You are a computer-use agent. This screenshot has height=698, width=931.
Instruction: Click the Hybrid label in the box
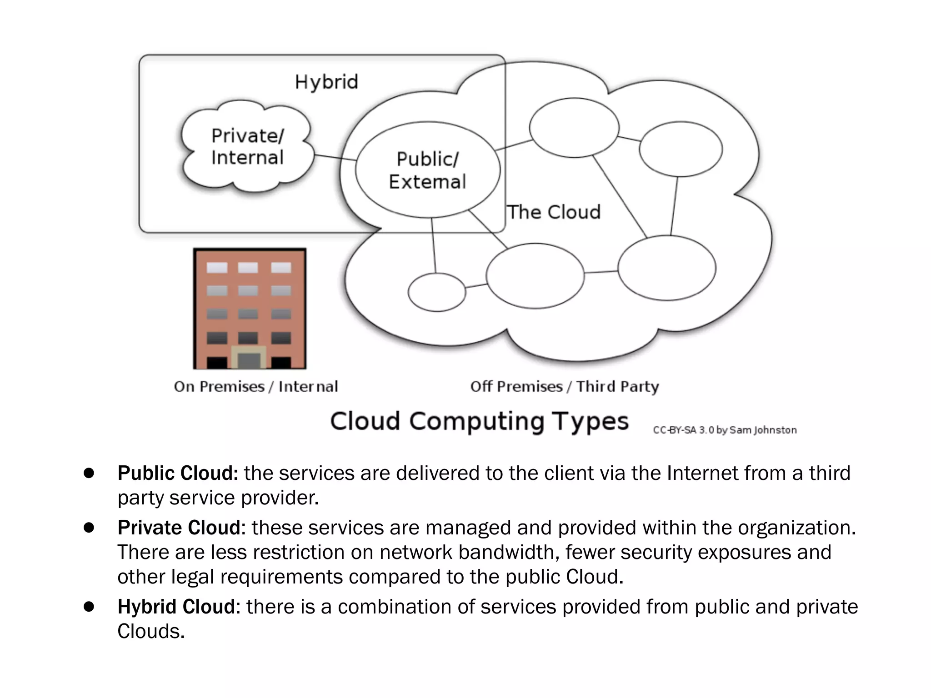(x=326, y=82)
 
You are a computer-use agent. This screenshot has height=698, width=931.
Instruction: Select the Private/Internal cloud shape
(x=247, y=146)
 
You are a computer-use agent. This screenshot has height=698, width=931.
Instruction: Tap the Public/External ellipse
(x=427, y=170)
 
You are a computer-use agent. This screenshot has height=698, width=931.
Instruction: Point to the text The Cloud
(x=554, y=212)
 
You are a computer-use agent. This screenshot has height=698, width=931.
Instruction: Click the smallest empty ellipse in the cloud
(x=436, y=292)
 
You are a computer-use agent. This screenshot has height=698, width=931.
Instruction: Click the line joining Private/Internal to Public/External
(x=335, y=157)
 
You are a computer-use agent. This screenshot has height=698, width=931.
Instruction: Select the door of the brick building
(x=249, y=359)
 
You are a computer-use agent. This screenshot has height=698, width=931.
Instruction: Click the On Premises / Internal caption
(x=256, y=387)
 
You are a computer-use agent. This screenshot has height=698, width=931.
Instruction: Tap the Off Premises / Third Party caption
(x=564, y=387)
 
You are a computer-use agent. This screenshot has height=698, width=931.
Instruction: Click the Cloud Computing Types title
(x=479, y=421)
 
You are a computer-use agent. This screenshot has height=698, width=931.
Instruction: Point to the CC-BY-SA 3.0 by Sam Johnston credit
(x=725, y=430)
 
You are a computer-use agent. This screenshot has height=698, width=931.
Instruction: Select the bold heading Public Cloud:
(x=178, y=473)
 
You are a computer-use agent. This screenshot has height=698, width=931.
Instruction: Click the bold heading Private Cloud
(x=179, y=528)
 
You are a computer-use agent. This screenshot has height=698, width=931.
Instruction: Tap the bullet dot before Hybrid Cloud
(x=89, y=607)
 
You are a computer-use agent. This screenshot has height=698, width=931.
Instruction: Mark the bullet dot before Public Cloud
(x=89, y=473)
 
